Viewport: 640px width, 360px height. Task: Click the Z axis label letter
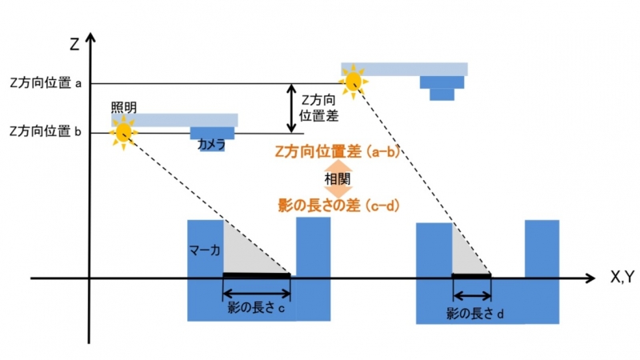[74, 43]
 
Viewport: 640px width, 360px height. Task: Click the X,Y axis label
[622, 277]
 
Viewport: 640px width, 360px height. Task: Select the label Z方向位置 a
[46, 83]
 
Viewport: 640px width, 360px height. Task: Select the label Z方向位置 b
[46, 131]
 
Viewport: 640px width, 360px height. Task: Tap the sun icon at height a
[354, 82]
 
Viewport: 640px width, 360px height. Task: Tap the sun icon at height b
[124, 133]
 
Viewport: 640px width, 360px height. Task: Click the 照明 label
[124, 108]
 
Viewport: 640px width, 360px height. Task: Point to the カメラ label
[211, 144]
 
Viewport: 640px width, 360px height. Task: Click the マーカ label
[205, 250]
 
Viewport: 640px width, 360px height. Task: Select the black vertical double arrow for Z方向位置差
[291, 108]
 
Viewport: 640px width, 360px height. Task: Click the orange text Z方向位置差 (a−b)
[336, 152]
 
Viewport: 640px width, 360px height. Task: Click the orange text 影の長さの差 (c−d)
[338, 206]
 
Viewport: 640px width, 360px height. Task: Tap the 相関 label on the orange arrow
[338, 178]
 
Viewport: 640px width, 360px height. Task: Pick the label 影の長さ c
[256, 308]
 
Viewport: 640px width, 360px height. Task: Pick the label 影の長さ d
[474, 314]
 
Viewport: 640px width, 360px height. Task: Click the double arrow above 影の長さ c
[256, 293]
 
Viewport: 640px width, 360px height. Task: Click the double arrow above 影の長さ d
[472, 296]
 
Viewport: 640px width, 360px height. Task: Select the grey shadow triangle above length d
[465, 258]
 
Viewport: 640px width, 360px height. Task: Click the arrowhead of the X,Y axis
[590, 278]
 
